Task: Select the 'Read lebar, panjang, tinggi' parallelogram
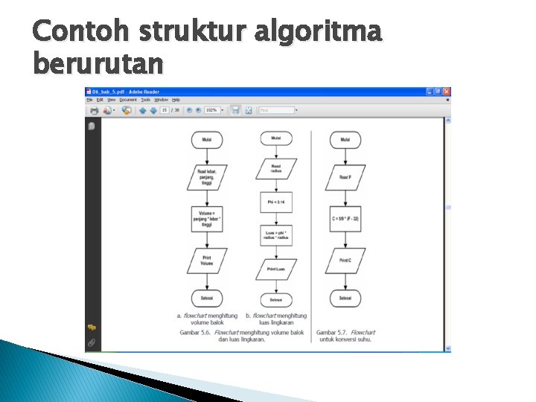pyautogui.click(x=207, y=176)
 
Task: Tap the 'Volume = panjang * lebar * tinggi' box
pyautogui.click(x=207, y=218)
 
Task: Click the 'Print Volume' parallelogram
pyautogui.click(x=207, y=260)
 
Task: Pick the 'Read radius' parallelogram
pyautogui.click(x=276, y=169)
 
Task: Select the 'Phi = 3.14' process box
pyautogui.click(x=276, y=202)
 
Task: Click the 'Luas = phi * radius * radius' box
pyautogui.click(x=276, y=235)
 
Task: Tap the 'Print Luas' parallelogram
pyautogui.click(x=276, y=269)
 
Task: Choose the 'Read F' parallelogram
pyautogui.click(x=345, y=177)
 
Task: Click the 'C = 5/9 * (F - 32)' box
pyautogui.click(x=345, y=219)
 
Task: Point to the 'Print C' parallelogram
pyautogui.click(x=345, y=261)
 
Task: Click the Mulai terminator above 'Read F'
pyautogui.click(x=345, y=139)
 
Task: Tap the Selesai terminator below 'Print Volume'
pyautogui.click(x=207, y=298)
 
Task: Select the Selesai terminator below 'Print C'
pyautogui.click(x=345, y=298)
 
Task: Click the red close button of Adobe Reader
pyautogui.click(x=447, y=92)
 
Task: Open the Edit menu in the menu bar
pyautogui.click(x=100, y=100)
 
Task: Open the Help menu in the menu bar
pyautogui.click(x=176, y=100)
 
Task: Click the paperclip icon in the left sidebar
pyautogui.click(x=92, y=342)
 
